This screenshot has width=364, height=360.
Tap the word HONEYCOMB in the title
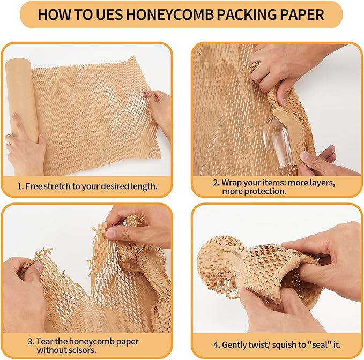(161, 14)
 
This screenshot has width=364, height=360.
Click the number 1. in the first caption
(20, 187)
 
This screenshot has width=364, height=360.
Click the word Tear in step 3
(44, 341)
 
